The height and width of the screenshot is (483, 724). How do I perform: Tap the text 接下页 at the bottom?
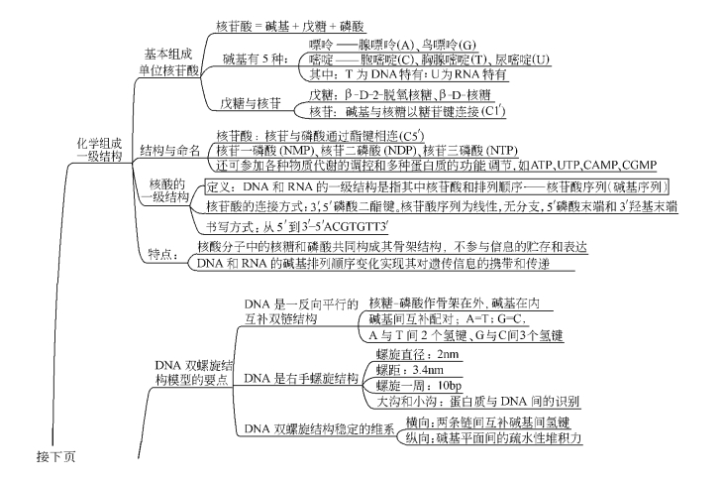pos(55,457)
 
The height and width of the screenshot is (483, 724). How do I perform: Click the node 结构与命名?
pos(169,151)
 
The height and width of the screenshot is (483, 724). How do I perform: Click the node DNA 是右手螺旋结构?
pos(301,379)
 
